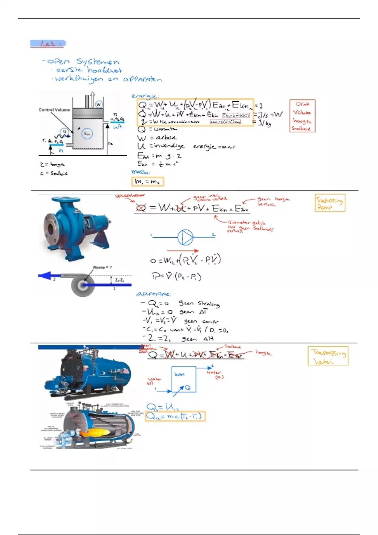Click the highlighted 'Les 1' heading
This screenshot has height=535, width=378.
48,43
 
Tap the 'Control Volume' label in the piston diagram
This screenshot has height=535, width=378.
54,110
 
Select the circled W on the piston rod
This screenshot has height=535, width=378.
99,104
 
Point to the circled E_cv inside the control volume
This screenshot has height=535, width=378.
87,134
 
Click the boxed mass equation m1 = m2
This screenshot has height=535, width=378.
147,182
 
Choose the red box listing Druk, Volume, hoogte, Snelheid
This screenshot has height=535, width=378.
302,116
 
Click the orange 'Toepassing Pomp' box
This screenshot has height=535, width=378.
329,203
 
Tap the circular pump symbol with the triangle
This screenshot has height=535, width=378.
185,237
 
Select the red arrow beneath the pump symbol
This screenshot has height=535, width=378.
183,251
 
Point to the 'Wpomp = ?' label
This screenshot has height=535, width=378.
102,267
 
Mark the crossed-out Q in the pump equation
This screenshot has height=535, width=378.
141,208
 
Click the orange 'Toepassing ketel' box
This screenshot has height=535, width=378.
328,356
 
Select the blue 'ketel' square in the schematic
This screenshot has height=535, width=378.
183,379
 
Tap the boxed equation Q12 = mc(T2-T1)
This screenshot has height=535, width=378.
175,416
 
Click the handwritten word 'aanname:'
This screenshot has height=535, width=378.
153,294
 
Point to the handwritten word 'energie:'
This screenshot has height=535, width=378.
145,96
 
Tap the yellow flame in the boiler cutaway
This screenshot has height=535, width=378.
91,433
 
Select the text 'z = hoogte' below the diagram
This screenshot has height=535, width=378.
52,164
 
